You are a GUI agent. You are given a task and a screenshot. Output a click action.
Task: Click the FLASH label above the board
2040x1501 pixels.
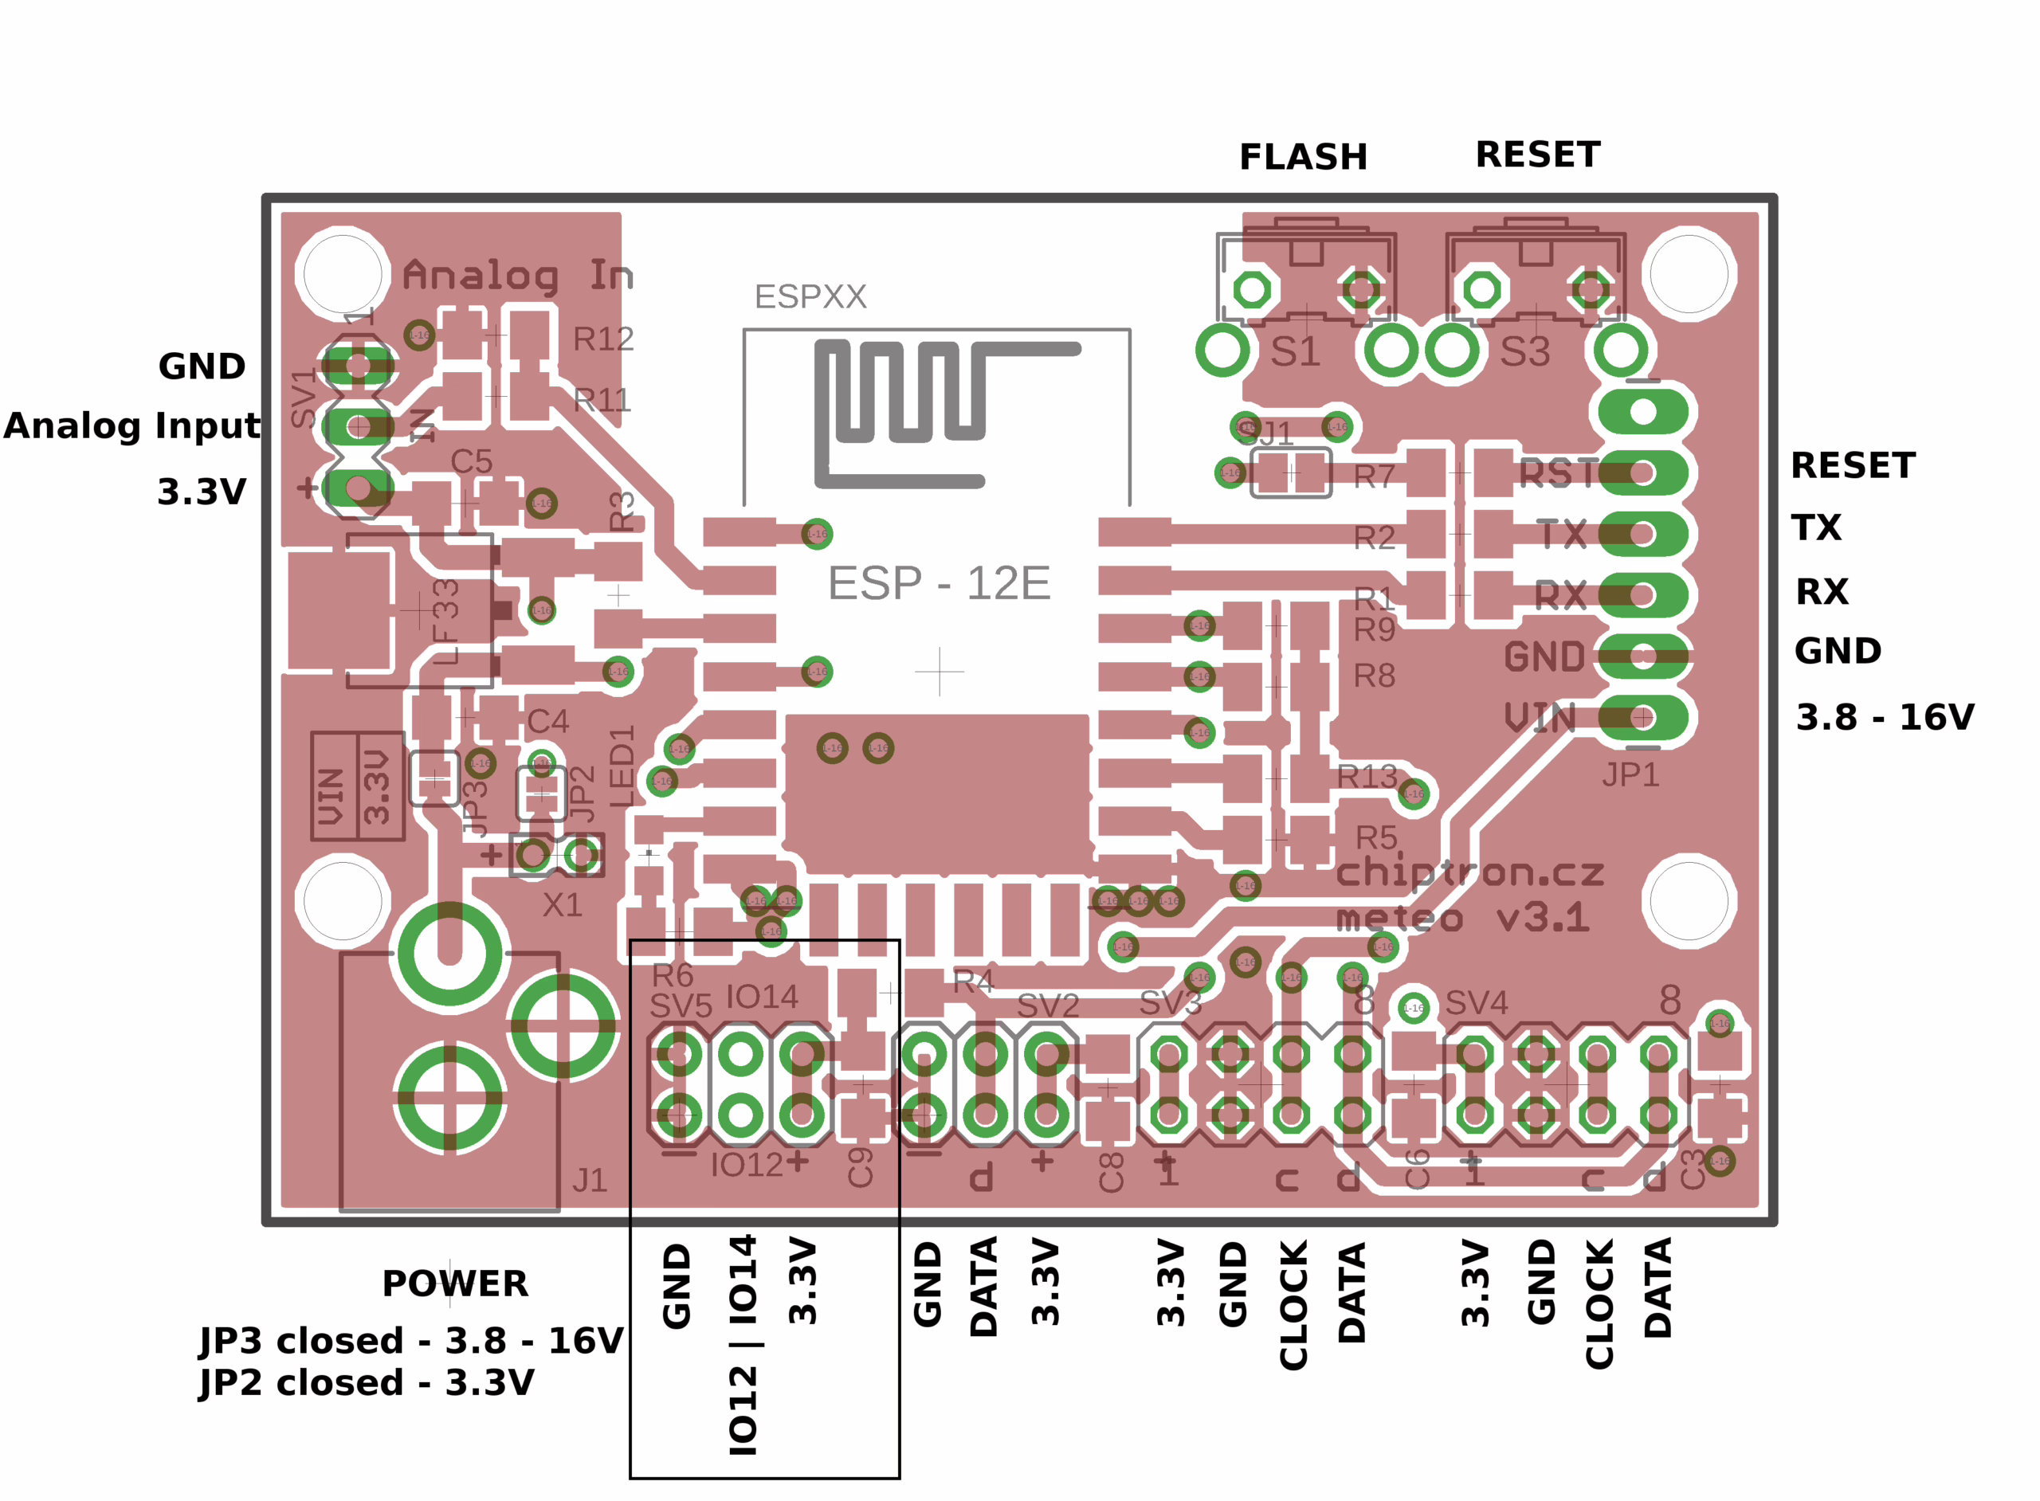pos(1303,157)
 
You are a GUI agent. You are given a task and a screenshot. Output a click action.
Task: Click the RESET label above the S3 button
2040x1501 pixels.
pos(1537,155)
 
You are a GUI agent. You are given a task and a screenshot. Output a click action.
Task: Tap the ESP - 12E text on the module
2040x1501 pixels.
pos(939,582)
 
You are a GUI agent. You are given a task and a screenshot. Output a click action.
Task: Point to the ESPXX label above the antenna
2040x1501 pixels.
pos(810,296)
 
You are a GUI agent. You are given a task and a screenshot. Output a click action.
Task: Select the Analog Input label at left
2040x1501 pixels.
pos(131,425)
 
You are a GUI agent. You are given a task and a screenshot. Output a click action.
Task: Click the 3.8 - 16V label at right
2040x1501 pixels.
pos(1885,717)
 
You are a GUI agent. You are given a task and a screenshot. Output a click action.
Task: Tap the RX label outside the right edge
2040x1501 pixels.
pos(1821,591)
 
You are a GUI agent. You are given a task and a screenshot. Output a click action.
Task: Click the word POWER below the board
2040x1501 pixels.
pos(454,1283)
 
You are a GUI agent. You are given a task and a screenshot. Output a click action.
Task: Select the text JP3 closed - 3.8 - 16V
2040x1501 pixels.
pos(410,1340)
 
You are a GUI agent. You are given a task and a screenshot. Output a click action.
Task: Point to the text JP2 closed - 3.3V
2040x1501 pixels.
pos(367,1382)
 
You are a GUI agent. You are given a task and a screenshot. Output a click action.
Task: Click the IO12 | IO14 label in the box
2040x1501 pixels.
pos(743,1346)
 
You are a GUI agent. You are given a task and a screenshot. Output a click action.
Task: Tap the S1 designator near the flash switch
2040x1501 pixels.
pos(1295,351)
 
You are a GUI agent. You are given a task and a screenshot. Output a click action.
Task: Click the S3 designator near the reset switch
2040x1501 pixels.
pos(1524,351)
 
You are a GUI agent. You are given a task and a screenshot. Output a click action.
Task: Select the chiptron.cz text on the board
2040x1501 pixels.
pos(1469,872)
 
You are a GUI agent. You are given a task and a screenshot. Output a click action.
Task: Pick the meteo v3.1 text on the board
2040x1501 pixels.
pos(1463,918)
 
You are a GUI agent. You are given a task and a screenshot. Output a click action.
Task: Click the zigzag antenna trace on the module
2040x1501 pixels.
pos(908,400)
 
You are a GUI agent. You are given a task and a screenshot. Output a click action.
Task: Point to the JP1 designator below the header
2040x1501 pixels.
pos(1630,774)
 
